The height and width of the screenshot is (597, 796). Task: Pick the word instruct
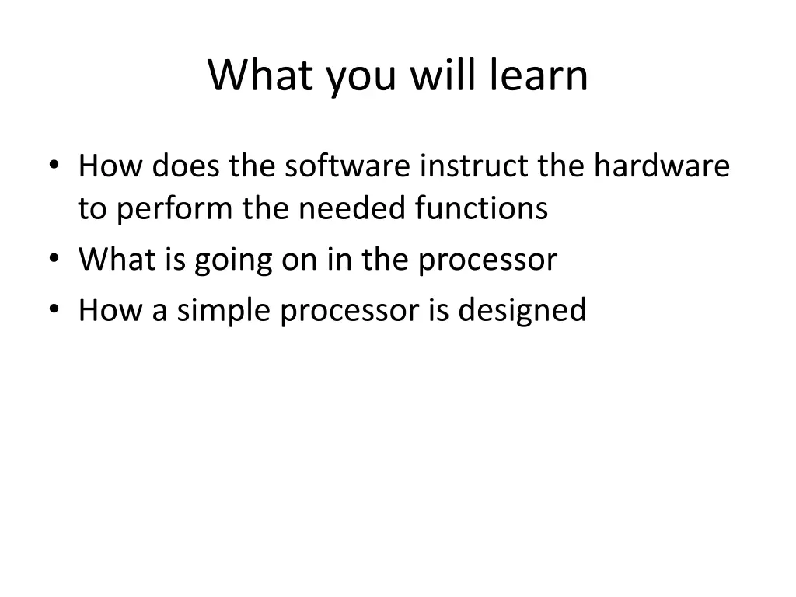coord(473,166)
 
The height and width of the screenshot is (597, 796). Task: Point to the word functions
coord(481,209)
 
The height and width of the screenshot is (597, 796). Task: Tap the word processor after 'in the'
coord(487,260)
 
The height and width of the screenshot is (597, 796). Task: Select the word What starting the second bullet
coord(118,260)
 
